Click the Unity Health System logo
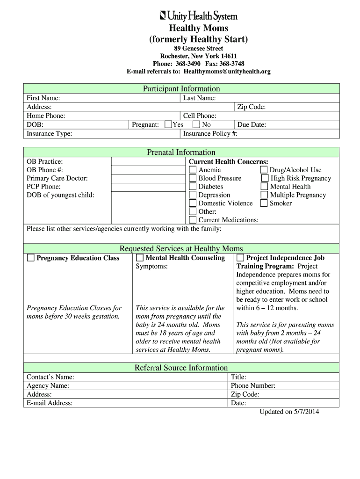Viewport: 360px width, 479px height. [x=199, y=16]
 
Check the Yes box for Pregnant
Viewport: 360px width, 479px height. [x=169, y=124]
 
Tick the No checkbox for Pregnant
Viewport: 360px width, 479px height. [x=196, y=124]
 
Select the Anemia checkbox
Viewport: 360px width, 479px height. [x=193, y=170]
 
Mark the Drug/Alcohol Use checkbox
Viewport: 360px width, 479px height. [x=264, y=170]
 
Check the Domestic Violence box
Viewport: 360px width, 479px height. [x=193, y=203]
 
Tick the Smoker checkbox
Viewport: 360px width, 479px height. [x=264, y=203]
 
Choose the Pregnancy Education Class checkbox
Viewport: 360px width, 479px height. [x=31, y=258]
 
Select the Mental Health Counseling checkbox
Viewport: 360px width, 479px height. [x=140, y=258]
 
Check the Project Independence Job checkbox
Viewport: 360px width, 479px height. [x=240, y=258]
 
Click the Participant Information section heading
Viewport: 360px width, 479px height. [x=181, y=89]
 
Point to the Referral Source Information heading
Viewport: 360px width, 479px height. [x=181, y=368]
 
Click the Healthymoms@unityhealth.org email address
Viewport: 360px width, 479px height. [x=227, y=72]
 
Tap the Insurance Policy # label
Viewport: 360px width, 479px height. [x=210, y=134]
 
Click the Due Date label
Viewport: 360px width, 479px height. [x=252, y=125]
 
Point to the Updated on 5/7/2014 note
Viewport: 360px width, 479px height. [x=289, y=412]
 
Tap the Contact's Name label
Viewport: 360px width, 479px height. [x=50, y=377]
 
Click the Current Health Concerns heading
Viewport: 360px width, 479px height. [x=228, y=161]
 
